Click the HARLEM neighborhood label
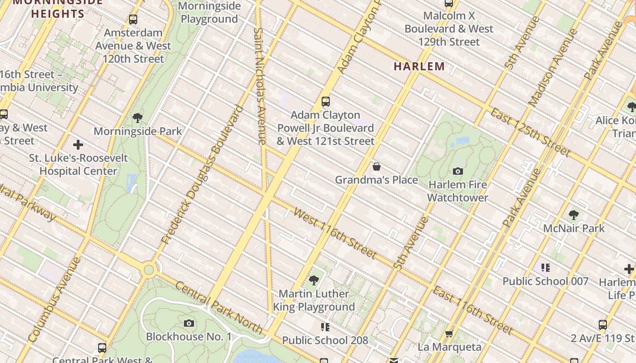tap(419, 66)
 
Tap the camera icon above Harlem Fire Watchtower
tap(458, 171)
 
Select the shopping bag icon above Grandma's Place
tap(377, 167)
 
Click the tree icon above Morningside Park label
tap(138, 118)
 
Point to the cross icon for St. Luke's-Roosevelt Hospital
tap(78, 145)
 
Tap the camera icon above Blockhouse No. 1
tap(189, 323)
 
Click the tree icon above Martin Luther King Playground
tap(313, 280)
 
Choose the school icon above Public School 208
tap(325, 327)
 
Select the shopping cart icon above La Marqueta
tap(449, 334)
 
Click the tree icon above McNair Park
tap(573, 215)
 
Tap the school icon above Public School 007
tap(546, 268)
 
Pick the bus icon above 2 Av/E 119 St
tap(603, 325)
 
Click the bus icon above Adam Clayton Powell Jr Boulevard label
tap(325, 101)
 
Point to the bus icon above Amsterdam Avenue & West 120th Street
tap(133, 20)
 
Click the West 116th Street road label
tap(335, 233)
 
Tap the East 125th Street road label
tap(529, 132)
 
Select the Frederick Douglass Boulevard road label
tap(202, 175)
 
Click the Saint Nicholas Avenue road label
tap(259, 86)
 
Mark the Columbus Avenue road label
tap(54, 300)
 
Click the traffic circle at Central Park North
tap(149, 270)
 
